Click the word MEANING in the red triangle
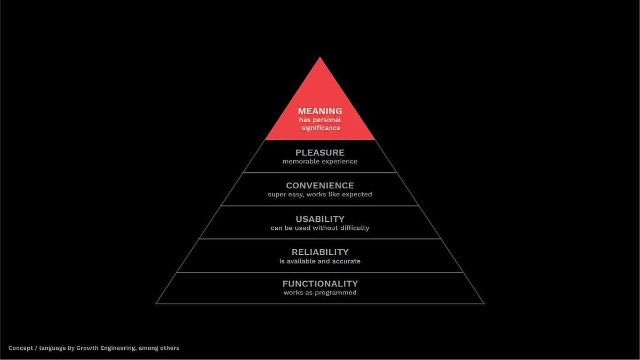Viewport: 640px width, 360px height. pyautogui.click(x=320, y=111)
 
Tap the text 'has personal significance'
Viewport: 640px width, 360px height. pyautogui.click(x=320, y=124)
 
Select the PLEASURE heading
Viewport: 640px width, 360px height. pyautogui.click(x=320, y=153)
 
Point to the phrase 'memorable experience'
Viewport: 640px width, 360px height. pyautogui.click(x=320, y=162)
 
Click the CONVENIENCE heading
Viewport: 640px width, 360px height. pyautogui.click(x=320, y=186)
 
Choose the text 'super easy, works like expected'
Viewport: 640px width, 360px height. pyautogui.click(x=320, y=195)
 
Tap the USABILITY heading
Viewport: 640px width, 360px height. pyautogui.click(x=320, y=219)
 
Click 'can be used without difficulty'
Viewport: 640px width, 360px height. pyautogui.click(x=320, y=228)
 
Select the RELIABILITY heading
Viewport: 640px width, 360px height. pyautogui.click(x=320, y=252)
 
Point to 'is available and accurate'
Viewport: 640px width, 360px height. pyautogui.click(x=320, y=261)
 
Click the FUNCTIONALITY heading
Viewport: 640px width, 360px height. pyautogui.click(x=320, y=284)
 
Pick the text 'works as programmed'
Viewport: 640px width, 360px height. pyautogui.click(x=320, y=293)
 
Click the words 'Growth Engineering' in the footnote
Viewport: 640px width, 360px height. pyautogui.click(x=102, y=348)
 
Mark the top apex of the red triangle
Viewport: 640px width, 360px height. pyautogui.click(x=320, y=58)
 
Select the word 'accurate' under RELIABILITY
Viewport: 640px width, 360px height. pyautogui.click(x=346, y=261)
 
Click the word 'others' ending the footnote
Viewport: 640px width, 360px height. pyautogui.click(x=169, y=348)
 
